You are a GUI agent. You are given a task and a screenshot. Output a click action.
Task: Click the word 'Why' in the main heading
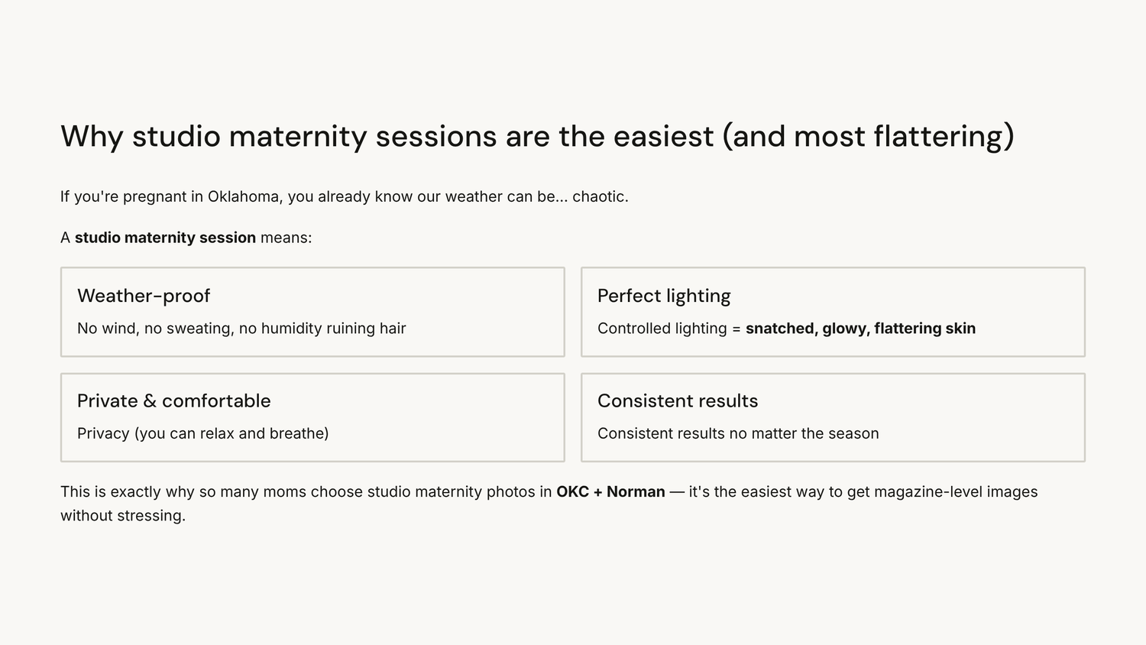click(x=92, y=137)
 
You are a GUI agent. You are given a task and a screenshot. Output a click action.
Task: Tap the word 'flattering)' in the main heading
click(x=944, y=137)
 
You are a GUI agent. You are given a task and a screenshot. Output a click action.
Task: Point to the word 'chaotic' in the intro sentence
click(x=598, y=196)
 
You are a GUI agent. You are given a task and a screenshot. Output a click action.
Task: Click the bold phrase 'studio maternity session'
click(x=165, y=238)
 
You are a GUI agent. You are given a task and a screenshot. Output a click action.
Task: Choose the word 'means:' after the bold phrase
click(x=286, y=238)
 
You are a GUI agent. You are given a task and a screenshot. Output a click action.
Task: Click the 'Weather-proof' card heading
click(x=144, y=296)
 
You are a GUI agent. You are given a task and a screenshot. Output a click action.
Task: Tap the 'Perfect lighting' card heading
click(x=664, y=297)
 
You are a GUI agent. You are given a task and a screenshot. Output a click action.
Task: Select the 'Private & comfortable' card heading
click(x=174, y=400)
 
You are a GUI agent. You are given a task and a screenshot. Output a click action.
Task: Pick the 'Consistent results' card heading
click(x=678, y=400)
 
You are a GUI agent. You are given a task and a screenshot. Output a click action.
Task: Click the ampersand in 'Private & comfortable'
click(x=150, y=400)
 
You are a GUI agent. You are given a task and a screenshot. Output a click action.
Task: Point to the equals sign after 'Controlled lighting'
click(x=736, y=329)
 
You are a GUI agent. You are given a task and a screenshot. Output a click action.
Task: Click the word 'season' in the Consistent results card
click(x=853, y=434)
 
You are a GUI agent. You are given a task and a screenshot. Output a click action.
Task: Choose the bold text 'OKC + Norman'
click(x=611, y=492)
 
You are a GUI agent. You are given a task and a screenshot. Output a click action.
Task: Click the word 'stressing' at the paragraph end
click(x=150, y=516)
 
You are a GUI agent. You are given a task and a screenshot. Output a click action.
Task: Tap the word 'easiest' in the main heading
click(x=664, y=137)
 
